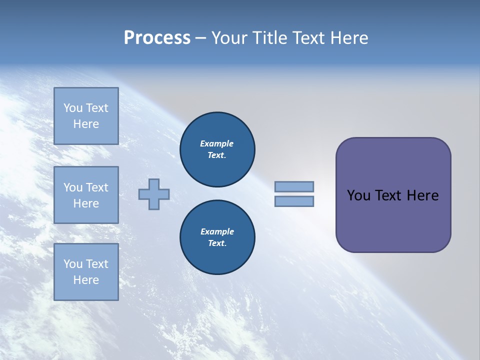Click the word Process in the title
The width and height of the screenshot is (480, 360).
coord(157,37)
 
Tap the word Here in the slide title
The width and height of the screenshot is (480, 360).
coord(348,37)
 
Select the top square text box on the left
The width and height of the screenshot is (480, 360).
coord(86,116)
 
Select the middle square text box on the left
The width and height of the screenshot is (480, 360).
coord(86,195)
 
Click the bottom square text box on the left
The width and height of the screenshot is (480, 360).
coord(86,272)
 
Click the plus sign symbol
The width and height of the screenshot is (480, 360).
coord(154,194)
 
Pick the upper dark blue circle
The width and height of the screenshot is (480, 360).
coord(217,149)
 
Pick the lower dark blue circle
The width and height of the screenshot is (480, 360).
coord(217,237)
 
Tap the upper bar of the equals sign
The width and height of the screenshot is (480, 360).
coord(294,186)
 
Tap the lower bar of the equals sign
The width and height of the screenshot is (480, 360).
coord(294,201)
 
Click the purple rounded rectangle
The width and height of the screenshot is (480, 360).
coord(393,220)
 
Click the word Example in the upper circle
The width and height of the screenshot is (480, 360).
coord(216,143)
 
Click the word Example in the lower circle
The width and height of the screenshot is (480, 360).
coord(217,231)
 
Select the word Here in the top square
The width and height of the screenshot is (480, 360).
coord(86,124)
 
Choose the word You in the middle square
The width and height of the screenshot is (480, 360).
coord(73,187)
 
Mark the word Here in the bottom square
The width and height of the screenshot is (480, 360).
coord(86,280)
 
